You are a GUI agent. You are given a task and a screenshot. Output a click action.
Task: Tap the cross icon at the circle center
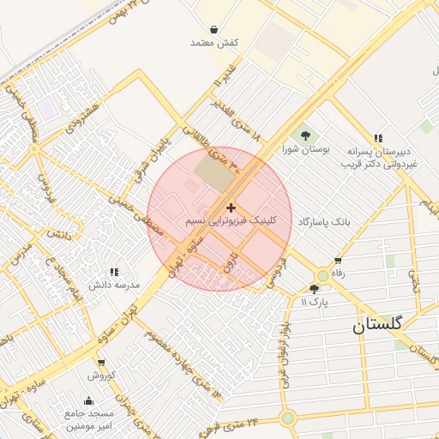click(x=231, y=207)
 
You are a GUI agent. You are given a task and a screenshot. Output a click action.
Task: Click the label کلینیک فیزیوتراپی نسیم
click(x=232, y=221)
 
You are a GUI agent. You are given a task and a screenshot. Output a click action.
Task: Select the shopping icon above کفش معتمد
click(x=213, y=29)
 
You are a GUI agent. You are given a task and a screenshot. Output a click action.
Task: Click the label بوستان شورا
click(x=306, y=149)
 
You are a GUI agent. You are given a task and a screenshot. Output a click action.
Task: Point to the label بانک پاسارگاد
click(x=324, y=221)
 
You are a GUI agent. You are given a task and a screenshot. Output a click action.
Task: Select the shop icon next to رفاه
click(x=338, y=261)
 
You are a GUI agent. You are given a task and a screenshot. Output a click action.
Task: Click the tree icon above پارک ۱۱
click(x=314, y=289)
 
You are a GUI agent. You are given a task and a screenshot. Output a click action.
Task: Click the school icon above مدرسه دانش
click(x=114, y=272)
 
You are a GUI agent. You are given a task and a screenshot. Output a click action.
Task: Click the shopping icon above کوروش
click(x=100, y=364)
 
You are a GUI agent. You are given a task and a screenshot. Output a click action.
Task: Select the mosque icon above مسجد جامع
click(x=88, y=400)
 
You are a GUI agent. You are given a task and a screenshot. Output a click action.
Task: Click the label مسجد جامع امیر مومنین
click(x=88, y=419)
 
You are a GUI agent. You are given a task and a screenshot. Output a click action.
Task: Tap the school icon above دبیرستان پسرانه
click(x=378, y=138)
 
